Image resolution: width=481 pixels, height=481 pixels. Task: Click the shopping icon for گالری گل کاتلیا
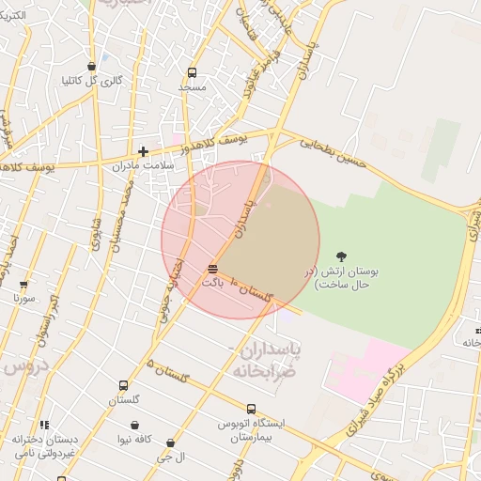tap(91, 66)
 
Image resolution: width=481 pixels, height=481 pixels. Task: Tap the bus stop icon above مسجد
tap(193, 72)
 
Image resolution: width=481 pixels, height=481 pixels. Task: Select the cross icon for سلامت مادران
tap(143, 151)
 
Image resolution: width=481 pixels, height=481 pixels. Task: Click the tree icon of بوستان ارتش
tap(340, 256)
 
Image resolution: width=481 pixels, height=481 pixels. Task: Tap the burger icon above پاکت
tap(213, 271)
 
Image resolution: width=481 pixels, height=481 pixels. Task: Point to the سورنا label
tap(24, 298)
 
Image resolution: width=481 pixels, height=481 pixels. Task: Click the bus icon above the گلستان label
tap(123, 386)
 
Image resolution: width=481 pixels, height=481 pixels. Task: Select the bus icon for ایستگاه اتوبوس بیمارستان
tap(251, 409)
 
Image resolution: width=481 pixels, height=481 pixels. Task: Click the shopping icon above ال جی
tap(170, 442)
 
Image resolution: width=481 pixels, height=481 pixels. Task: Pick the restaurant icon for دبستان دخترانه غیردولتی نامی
tap(44, 425)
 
